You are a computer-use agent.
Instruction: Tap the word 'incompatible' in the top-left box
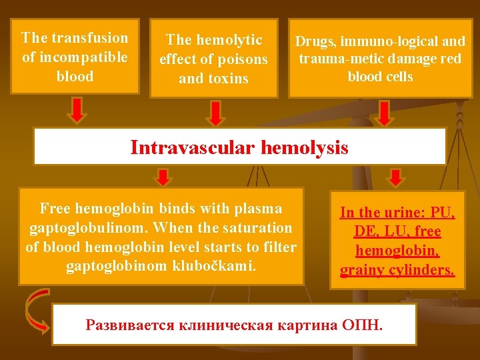pyautogui.click(x=83, y=57)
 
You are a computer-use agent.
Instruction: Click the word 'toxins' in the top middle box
pyautogui.click(x=227, y=79)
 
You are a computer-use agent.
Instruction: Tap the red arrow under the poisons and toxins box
pyautogui.click(x=215, y=113)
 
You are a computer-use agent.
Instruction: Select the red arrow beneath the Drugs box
pyautogui.click(x=385, y=113)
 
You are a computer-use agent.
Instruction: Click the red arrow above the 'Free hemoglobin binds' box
pyautogui.click(x=163, y=177)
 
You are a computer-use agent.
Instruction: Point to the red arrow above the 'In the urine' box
pyautogui.click(x=395, y=177)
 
